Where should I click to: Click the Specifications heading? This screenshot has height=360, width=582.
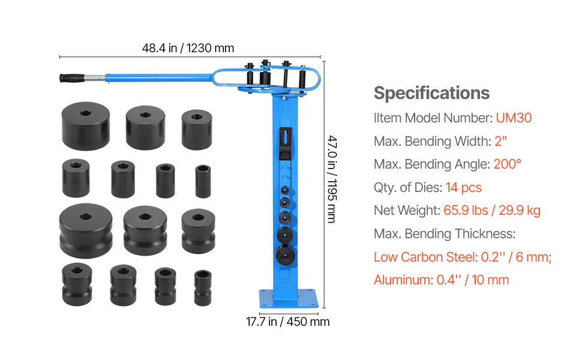431,93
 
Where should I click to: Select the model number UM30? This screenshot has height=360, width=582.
514,118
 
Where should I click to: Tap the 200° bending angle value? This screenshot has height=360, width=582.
508,164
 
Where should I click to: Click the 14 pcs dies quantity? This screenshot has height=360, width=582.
464,187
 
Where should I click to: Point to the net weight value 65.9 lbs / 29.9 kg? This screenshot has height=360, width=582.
492,211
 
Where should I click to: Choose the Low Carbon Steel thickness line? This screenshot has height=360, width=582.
463,257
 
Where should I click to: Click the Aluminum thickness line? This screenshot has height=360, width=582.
442,280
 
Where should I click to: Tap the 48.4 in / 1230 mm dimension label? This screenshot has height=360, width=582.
188,48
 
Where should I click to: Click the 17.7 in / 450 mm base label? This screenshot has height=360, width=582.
287,322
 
